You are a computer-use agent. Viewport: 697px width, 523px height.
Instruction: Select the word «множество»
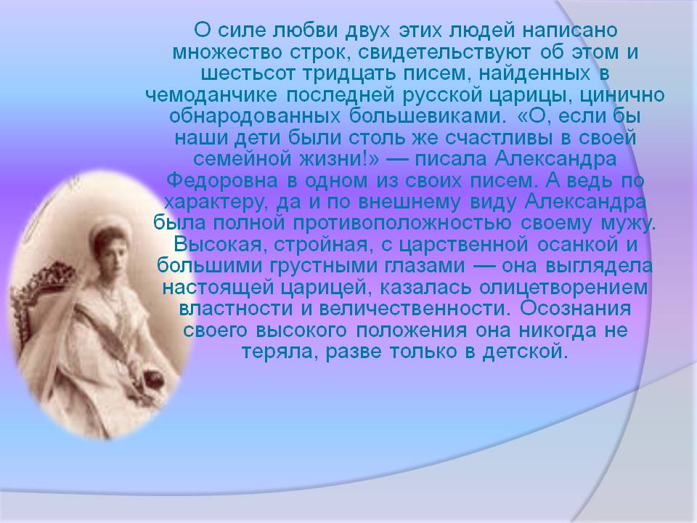pos(227,52)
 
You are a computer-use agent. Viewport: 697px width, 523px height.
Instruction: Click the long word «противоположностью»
pos(402,224)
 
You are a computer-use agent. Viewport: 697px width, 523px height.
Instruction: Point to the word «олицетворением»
pos(563,288)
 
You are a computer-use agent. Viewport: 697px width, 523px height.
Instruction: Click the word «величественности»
pos(413,309)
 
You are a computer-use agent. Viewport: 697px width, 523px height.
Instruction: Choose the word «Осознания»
pos(575,309)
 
